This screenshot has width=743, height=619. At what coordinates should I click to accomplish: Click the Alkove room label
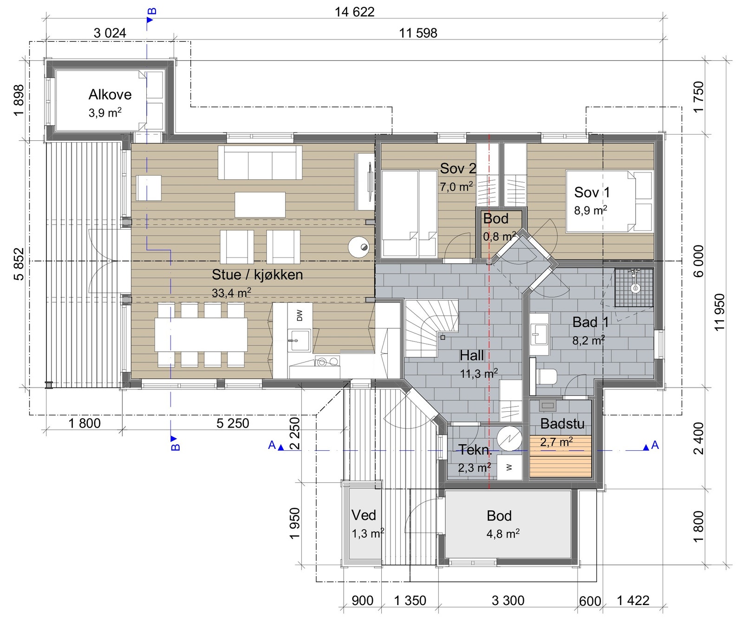click(x=110, y=95)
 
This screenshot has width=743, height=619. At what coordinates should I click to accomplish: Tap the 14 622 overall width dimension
click(x=354, y=12)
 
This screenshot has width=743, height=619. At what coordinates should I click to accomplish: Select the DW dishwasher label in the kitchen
click(x=300, y=315)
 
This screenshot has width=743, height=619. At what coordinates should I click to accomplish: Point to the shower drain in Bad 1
click(x=635, y=288)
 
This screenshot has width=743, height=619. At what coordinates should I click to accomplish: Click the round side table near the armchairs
click(x=359, y=247)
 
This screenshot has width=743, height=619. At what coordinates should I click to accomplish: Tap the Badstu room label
click(x=562, y=423)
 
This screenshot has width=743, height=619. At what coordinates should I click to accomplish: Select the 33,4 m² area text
click(x=231, y=293)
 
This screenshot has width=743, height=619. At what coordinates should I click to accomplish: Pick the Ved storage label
click(x=364, y=515)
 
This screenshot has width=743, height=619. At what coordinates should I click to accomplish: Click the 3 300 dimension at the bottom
click(x=508, y=600)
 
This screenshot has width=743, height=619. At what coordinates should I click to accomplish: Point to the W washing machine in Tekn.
click(x=509, y=467)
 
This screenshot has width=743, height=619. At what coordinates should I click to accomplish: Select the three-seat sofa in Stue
click(x=260, y=163)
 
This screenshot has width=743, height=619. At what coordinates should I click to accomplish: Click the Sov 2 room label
click(x=458, y=168)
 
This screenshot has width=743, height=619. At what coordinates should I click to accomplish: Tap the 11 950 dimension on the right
click(x=719, y=312)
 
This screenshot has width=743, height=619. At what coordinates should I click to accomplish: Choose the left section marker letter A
click(x=272, y=445)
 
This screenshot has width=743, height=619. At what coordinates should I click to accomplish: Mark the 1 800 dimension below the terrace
click(x=85, y=423)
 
